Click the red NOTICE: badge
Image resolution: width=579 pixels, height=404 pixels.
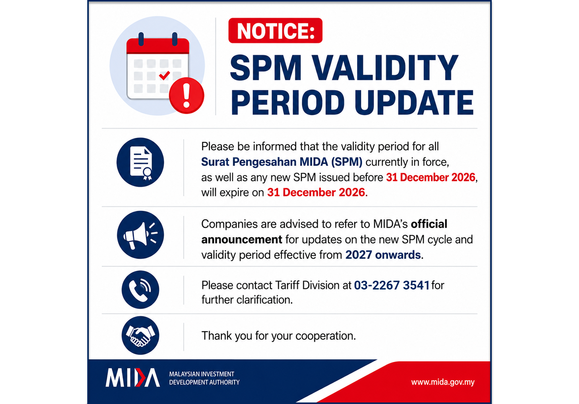[x=275, y=31]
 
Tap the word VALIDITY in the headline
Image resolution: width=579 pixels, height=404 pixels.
[x=385, y=68]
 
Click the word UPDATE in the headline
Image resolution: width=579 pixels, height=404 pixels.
[x=414, y=102]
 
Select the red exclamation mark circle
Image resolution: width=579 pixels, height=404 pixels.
[x=187, y=95]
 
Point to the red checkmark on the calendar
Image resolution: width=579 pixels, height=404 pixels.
[x=165, y=75]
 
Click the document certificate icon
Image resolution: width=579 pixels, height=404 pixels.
[x=140, y=162]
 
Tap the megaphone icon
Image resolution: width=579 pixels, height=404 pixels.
[x=140, y=235]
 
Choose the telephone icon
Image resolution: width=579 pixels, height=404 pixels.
[x=140, y=290]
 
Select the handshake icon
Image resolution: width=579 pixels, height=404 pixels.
[x=140, y=335]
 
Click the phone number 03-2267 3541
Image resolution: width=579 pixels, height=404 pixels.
[x=391, y=285]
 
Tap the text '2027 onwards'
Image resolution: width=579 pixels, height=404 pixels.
[x=383, y=255]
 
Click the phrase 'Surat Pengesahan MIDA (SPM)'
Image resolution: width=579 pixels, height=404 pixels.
[x=282, y=162]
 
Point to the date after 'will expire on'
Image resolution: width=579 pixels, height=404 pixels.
[x=316, y=193]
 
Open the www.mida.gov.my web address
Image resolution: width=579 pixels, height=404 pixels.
[x=443, y=382]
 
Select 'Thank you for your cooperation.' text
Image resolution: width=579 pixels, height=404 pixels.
[x=279, y=336]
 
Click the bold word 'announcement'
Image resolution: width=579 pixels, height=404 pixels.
[x=242, y=239]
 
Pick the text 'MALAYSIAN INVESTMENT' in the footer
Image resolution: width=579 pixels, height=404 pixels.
[x=202, y=374]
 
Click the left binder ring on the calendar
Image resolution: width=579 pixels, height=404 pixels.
[x=141, y=39]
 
